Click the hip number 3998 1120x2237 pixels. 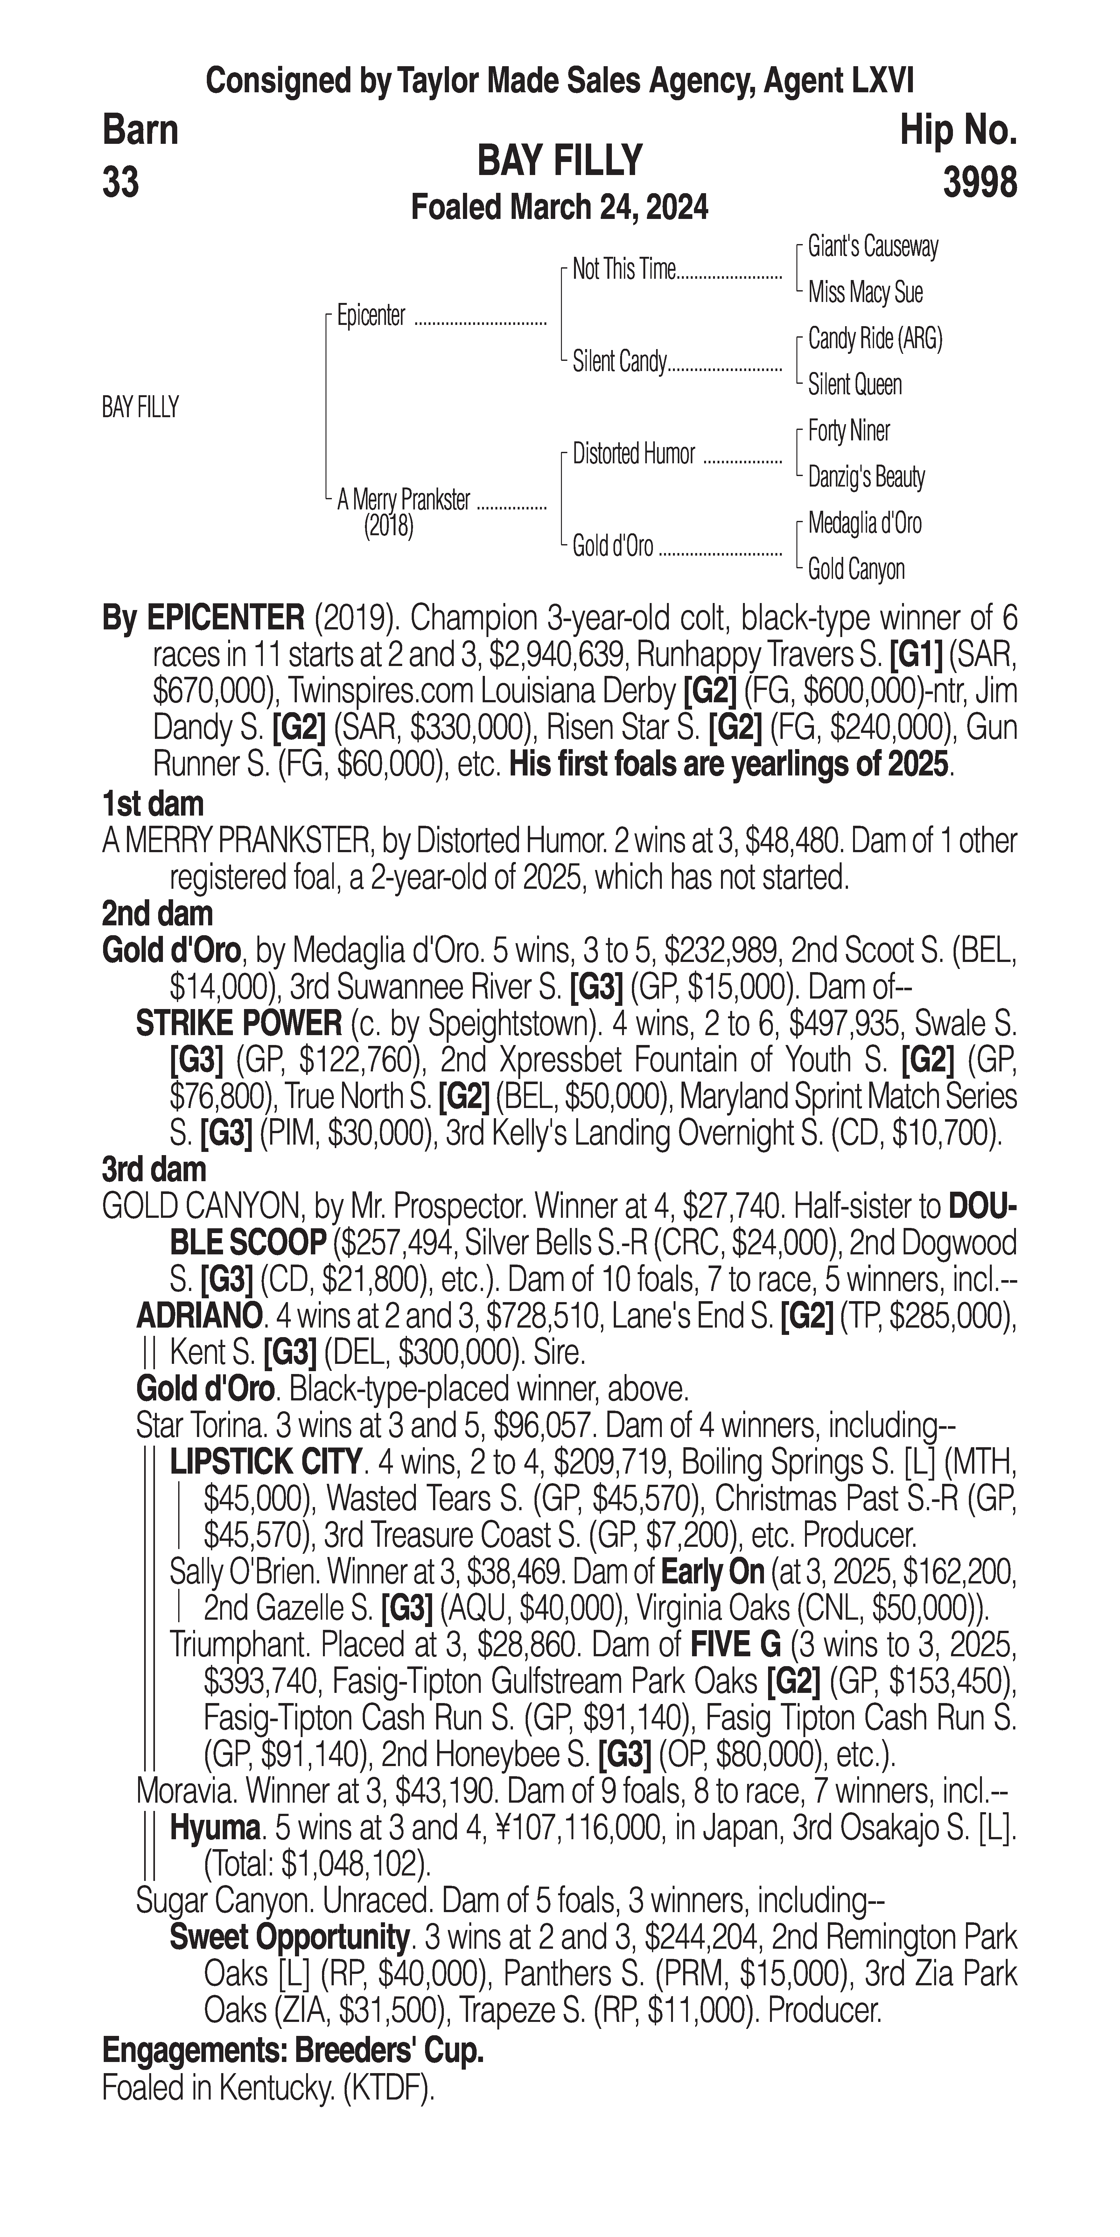click(x=979, y=183)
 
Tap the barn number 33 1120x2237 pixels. click(x=121, y=183)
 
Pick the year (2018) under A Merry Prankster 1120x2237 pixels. click(x=388, y=526)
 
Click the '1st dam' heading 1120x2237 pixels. click(x=153, y=804)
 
